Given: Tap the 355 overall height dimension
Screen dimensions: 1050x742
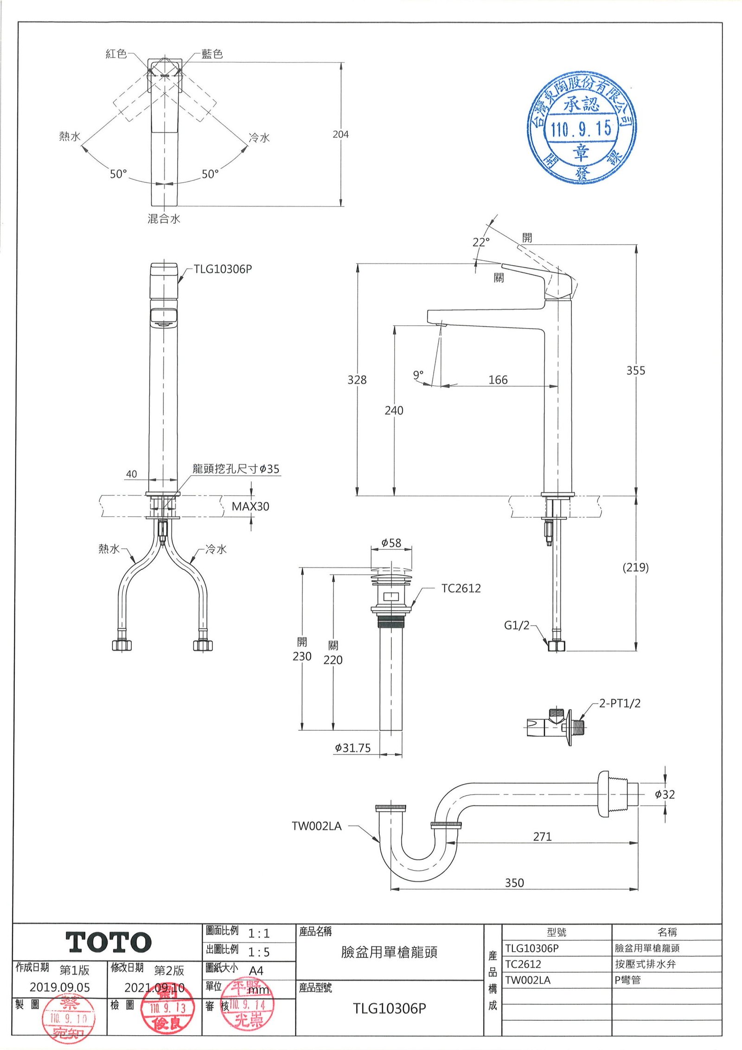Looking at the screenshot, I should [635, 371].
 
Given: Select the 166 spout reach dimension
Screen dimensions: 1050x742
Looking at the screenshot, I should [498, 380].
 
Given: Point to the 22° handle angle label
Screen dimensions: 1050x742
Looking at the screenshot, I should [481, 242].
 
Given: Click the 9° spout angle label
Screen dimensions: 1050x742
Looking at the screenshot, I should [418, 374].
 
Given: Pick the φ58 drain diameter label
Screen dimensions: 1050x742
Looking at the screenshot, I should [391, 543].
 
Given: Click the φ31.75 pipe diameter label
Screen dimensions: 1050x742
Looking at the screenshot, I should [353, 748].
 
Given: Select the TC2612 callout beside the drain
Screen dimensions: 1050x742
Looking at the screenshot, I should [461, 588].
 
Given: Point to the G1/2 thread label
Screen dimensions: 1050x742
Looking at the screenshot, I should [517, 625].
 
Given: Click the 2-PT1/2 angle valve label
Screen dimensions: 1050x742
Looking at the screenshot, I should [620, 703].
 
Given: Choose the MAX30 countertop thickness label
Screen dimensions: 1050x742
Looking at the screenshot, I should [250, 506].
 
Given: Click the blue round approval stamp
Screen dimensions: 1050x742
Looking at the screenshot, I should [582, 128].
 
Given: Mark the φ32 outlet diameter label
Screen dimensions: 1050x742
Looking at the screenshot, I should [665, 794].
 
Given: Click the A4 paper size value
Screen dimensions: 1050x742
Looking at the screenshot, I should [256, 971].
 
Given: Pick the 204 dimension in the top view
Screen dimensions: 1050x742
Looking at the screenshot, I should [340, 135].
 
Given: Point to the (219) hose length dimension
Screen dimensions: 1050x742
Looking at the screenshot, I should [635, 567].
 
